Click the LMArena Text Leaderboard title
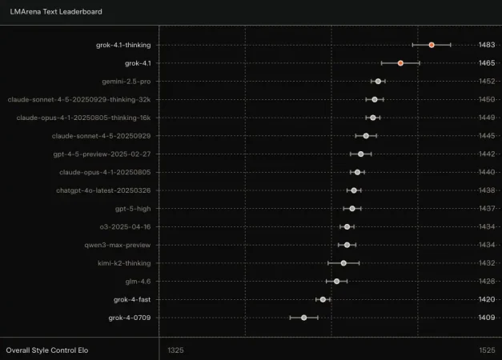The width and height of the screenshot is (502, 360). pyautogui.click(x=55, y=12)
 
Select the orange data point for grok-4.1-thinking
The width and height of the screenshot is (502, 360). pyautogui.click(x=432, y=45)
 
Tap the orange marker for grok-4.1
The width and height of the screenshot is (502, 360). pyautogui.click(x=400, y=62)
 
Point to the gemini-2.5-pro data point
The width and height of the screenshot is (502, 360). pyautogui.click(x=378, y=81)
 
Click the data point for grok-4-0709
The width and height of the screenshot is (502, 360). pyautogui.click(x=303, y=318)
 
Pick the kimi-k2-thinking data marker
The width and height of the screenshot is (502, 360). pyautogui.click(x=343, y=263)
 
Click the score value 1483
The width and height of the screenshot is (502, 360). pyautogui.click(x=486, y=45)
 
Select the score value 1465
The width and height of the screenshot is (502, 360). pyautogui.click(x=486, y=62)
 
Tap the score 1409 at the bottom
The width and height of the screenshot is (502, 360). pyautogui.click(x=486, y=318)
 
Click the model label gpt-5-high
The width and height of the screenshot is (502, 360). pyautogui.click(x=132, y=209)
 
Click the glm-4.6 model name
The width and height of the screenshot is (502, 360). pyautogui.click(x=138, y=282)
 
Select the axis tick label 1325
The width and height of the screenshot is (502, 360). pyautogui.click(x=175, y=350)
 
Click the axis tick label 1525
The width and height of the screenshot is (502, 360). pyautogui.click(x=486, y=350)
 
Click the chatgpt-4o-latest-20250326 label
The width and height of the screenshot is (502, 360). pyautogui.click(x=103, y=190)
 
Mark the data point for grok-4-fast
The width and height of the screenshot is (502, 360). pyautogui.click(x=323, y=299)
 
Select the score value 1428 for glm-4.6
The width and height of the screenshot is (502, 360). pyautogui.click(x=486, y=282)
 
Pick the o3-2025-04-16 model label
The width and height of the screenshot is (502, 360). pyautogui.click(x=125, y=226)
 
